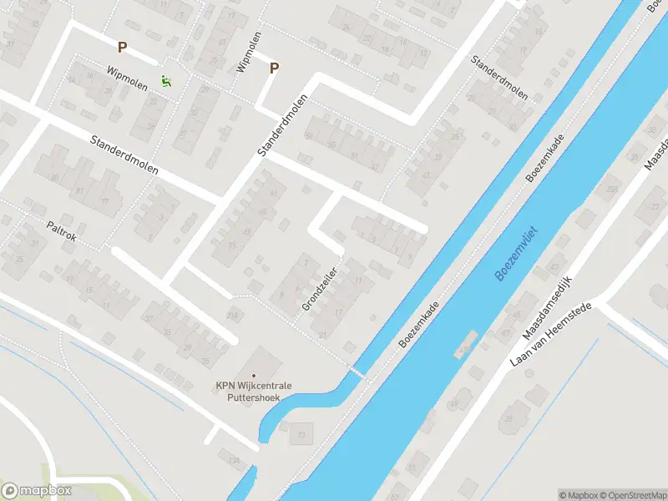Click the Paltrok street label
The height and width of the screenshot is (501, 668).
coord(62,231)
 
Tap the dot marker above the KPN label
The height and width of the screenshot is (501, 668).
coord(254,376)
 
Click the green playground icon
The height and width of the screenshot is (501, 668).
coord(166,81)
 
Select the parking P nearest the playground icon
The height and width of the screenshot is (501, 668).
coord(123,48)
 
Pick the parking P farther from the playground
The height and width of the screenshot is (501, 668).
coord(273,68)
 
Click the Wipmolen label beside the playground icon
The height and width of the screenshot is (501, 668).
coord(127,78)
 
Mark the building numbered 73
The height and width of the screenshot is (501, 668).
coord(301,434)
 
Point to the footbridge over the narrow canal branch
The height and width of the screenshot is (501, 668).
coord(357,371)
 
